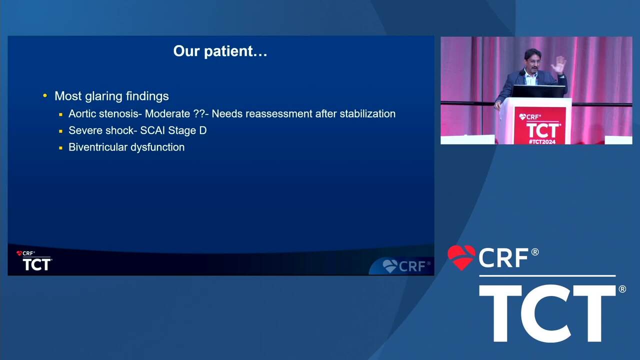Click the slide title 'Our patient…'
220,51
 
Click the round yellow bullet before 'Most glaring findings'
45,95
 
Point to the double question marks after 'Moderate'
199,113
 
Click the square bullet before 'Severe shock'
60,131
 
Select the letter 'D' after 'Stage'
203,130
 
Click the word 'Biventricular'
98,147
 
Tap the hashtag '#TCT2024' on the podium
542,141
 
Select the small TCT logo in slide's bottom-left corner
34,260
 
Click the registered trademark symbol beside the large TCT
622,289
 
